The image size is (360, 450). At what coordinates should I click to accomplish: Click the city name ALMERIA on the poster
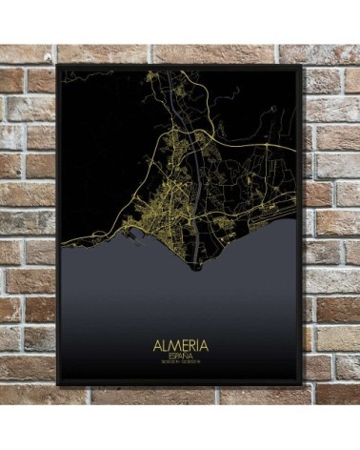(x=181, y=341)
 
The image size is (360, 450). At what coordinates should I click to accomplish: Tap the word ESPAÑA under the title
(x=181, y=354)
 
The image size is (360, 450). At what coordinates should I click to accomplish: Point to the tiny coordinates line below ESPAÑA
(x=181, y=362)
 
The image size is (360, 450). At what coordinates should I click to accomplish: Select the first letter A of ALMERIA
(x=154, y=341)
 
